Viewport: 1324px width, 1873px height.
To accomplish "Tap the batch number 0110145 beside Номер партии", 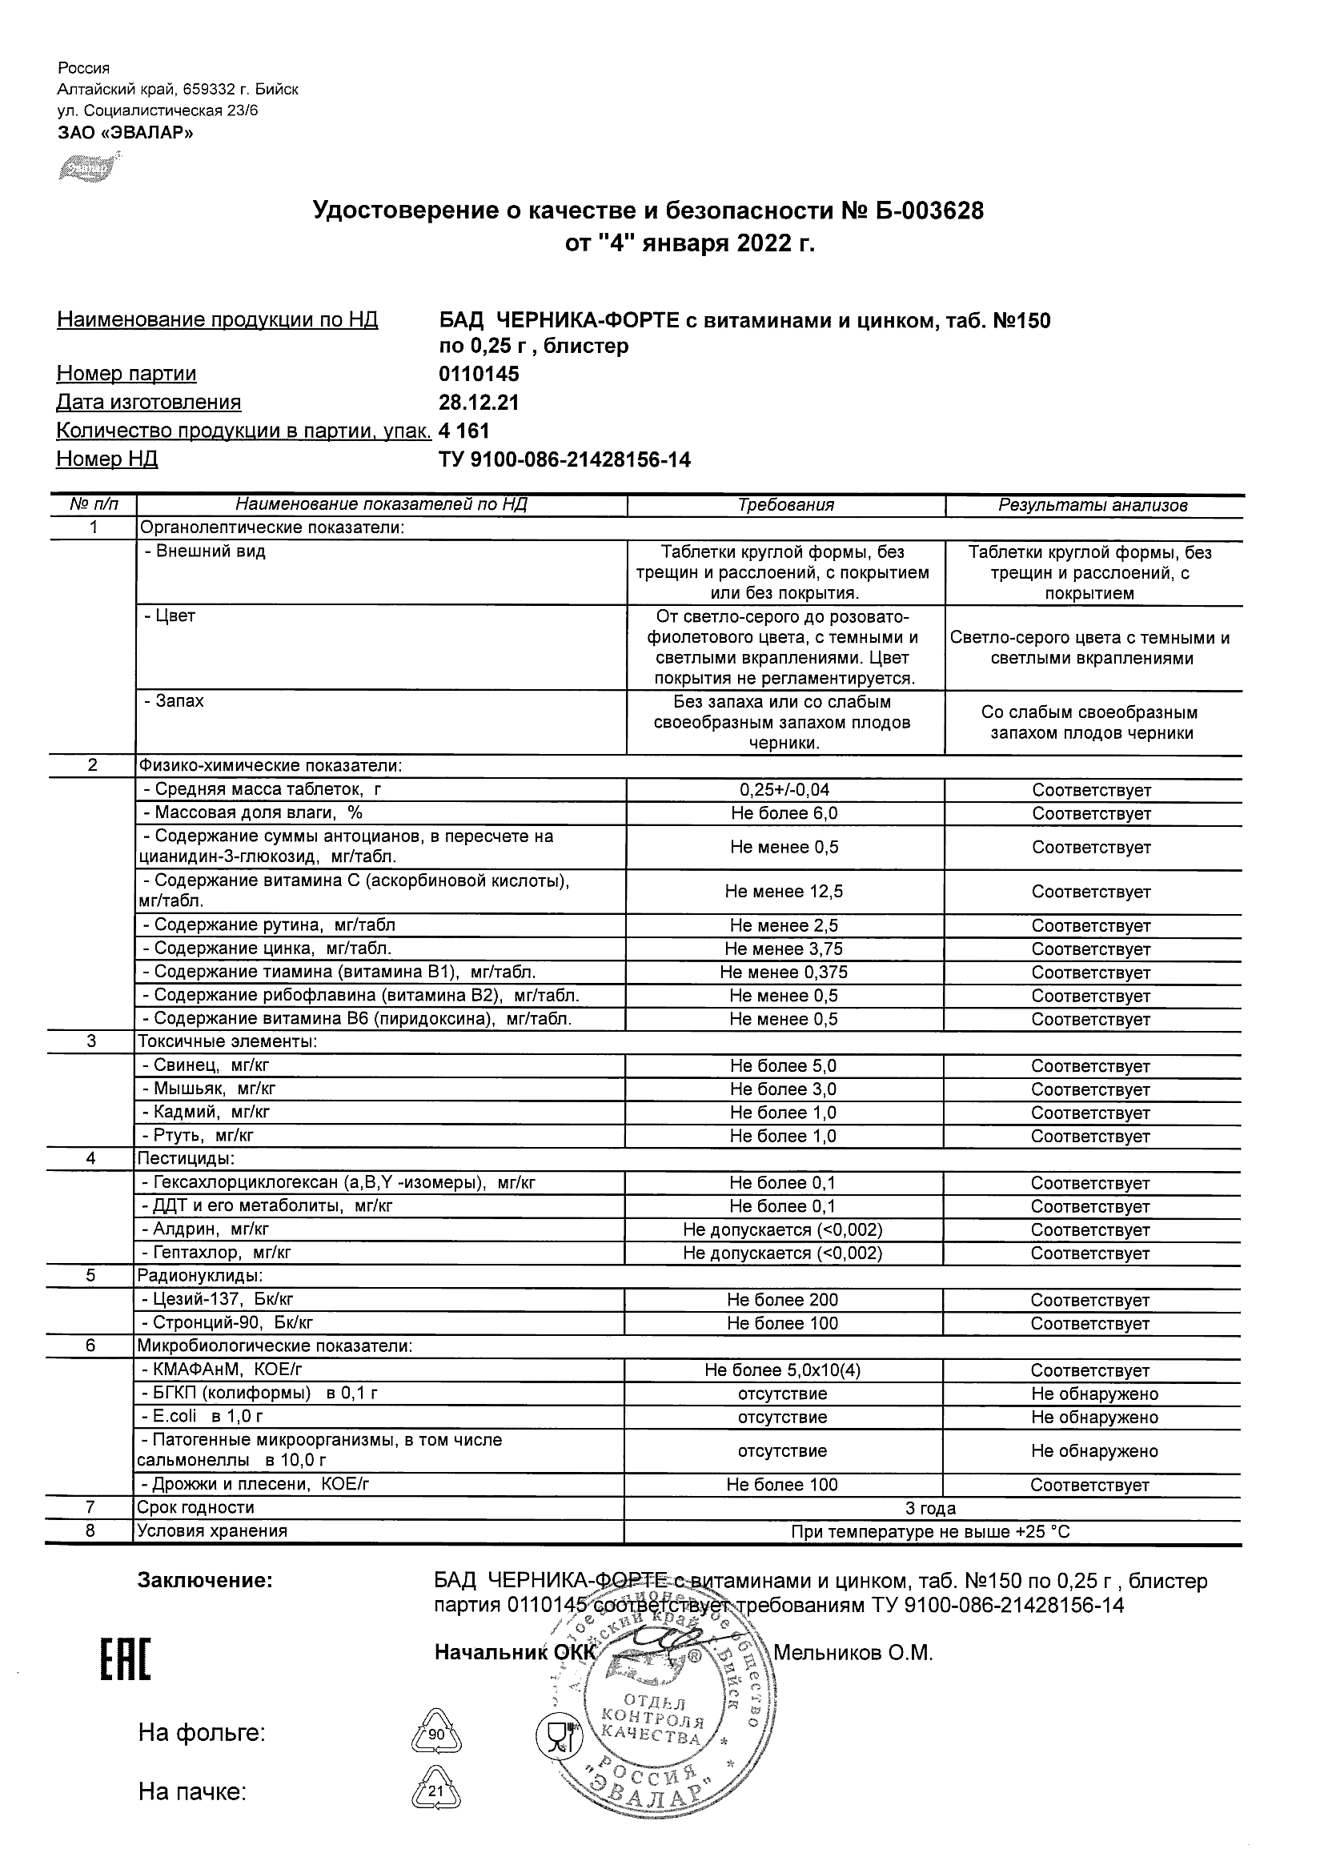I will coord(479,375).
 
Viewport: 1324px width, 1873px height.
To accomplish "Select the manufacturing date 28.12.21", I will coord(479,402).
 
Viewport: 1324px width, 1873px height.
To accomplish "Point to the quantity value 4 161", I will coord(464,431).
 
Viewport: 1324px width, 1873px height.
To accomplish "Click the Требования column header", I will coord(785,505).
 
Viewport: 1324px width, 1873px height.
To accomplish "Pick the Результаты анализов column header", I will coord(1093,505).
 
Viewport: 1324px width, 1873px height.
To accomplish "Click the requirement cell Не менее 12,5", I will coord(784,892).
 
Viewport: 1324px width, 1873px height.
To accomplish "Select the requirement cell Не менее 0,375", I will coord(784,973).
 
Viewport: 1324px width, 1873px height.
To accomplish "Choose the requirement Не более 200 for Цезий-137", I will coord(782,1300).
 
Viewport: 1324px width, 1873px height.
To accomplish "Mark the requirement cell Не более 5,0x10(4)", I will coord(782,1370).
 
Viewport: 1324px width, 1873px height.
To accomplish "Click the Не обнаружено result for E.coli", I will coord(1094,1417).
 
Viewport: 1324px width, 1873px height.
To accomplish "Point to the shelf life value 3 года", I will coord(931,1508).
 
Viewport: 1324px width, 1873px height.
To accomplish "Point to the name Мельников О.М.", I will coord(853,1653).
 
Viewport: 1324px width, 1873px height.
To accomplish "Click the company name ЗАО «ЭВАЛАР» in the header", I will coord(126,132).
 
